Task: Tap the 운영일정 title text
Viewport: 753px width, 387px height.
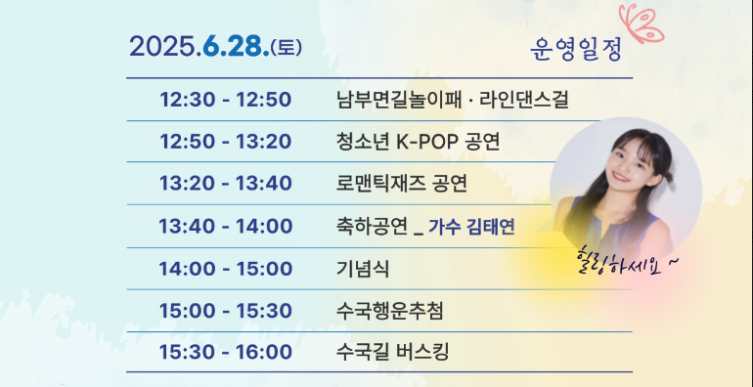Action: pos(577,50)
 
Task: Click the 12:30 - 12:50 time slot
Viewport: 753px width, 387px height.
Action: pos(226,99)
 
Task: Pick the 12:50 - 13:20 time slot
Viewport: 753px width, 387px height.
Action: pos(226,142)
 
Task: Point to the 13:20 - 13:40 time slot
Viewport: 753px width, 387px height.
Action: pos(226,184)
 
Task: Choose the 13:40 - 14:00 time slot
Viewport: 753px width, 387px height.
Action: pos(226,227)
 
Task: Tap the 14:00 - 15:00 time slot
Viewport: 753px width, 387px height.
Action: pos(226,269)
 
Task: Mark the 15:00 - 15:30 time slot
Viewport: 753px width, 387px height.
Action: pos(226,311)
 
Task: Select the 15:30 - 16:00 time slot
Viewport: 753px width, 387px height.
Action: pos(226,353)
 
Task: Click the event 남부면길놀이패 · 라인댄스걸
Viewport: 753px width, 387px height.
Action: pos(452,99)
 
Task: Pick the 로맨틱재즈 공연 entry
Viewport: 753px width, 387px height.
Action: pos(401,184)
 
